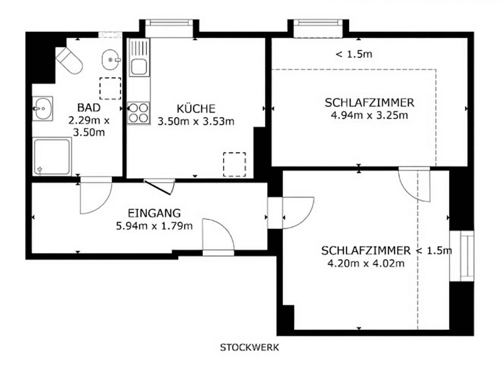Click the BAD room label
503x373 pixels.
point(89,108)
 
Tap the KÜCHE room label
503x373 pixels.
point(196,109)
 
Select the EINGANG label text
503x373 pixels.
point(154,213)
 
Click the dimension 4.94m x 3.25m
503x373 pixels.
point(369,115)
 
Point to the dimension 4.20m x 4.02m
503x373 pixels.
point(366,264)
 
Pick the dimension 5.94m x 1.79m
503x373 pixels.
point(154,226)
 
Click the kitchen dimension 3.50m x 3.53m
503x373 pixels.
point(196,122)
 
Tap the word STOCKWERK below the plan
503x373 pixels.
point(249,347)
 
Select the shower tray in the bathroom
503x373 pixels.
point(52,156)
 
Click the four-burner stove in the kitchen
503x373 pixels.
point(138,113)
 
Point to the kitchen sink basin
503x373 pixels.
point(139,67)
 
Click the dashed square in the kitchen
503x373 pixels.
point(234,164)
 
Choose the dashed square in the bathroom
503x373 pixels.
point(110,88)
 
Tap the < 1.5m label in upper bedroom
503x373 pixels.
point(354,54)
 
